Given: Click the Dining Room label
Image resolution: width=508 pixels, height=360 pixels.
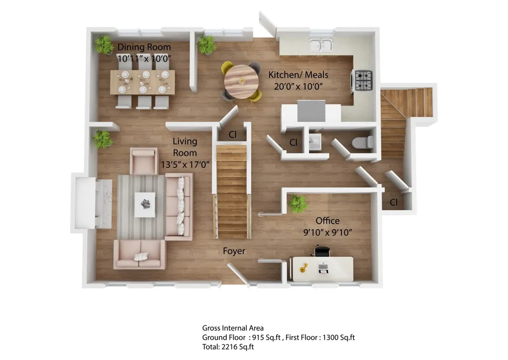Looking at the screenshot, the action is click(x=144, y=47).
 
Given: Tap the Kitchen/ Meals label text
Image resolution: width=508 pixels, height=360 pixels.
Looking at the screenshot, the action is click(x=298, y=75).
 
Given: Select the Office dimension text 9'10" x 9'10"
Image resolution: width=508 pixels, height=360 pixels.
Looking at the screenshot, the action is click(x=327, y=232).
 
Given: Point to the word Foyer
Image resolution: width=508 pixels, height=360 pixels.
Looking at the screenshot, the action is click(x=234, y=251).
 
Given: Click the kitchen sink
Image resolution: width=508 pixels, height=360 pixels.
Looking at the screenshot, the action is click(x=321, y=45).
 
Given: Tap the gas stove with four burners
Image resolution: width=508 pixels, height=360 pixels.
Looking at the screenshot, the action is click(x=363, y=80).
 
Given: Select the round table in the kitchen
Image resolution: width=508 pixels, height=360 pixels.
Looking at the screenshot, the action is click(x=242, y=81).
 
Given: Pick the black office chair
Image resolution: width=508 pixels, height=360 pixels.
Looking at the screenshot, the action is click(x=322, y=251).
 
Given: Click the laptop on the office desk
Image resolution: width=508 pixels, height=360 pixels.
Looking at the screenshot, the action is click(x=323, y=268).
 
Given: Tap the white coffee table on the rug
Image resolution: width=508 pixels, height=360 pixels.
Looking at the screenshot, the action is click(x=145, y=205).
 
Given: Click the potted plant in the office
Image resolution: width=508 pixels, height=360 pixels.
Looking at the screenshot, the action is click(x=298, y=204).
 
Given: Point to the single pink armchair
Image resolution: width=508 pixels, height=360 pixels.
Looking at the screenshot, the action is click(x=144, y=161).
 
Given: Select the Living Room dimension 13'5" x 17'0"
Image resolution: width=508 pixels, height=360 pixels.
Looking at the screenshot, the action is click(x=185, y=164).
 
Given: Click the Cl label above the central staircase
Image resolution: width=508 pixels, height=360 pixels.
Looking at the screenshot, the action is click(x=233, y=135).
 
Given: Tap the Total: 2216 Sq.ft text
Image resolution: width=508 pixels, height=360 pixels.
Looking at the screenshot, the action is click(x=228, y=347).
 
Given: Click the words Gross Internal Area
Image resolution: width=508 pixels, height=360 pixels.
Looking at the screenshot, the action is click(x=233, y=328).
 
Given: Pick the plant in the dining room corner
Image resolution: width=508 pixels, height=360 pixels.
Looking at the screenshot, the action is click(x=104, y=45).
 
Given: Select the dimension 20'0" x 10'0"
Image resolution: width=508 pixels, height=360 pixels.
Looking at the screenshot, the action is click(x=298, y=86).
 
